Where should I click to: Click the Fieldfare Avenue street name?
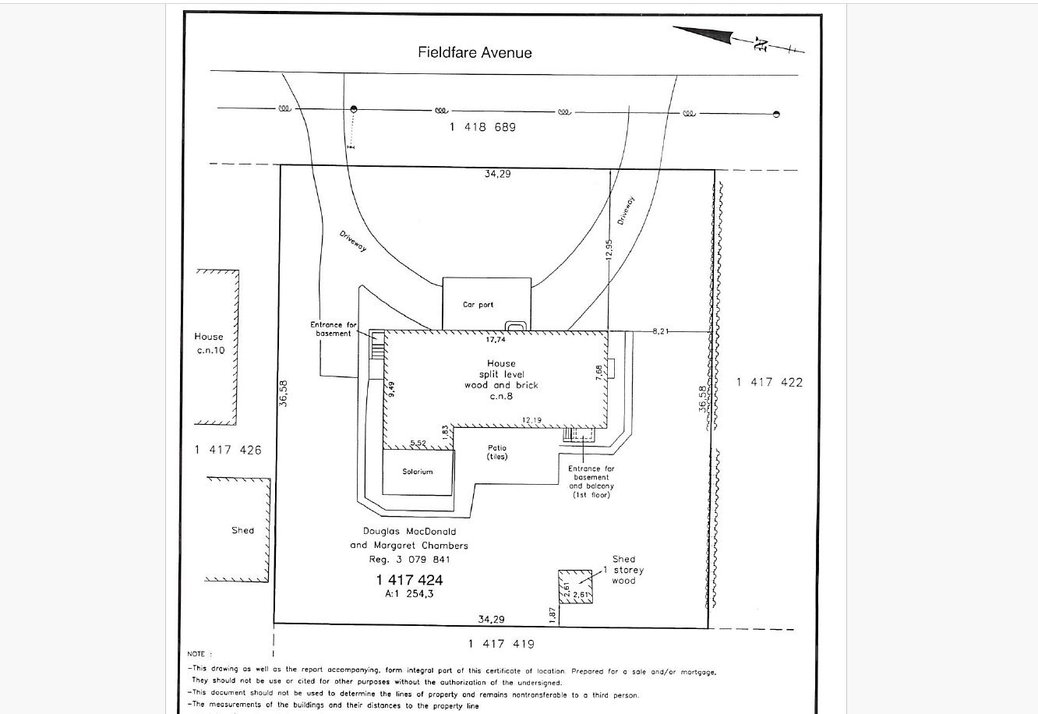coord(475,53)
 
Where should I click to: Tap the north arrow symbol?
coord(736,40)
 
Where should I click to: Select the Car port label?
coord(478,305)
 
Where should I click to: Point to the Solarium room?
coord(417,472)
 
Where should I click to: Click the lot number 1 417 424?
coord(409,580)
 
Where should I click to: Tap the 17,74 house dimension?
coord(496,340)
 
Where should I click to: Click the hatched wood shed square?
coord(575,587)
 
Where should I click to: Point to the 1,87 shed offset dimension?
coord(553,614)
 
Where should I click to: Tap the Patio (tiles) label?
coord(496,452)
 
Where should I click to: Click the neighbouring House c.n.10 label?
coord(209,344)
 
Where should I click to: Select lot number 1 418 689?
coord(482,127)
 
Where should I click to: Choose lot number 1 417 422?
coord(769,382)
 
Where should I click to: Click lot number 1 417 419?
coord(501,644)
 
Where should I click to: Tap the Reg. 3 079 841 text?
coord(409,559)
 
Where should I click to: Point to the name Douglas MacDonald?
coord(409,532)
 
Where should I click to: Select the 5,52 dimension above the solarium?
coord(418,444)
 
